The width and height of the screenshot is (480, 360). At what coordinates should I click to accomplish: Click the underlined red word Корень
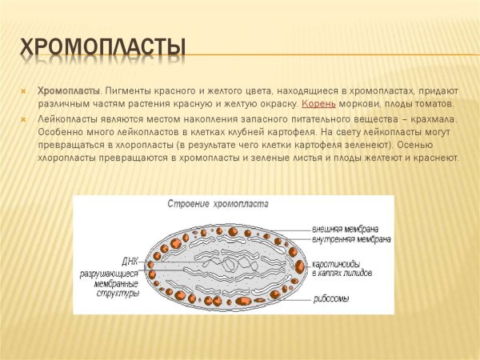coord(317,104)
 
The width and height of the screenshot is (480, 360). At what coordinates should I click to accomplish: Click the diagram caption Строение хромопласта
coord(217,206)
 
